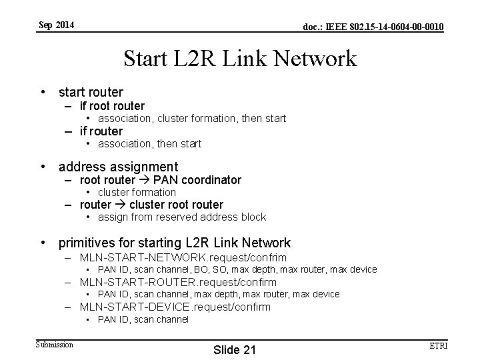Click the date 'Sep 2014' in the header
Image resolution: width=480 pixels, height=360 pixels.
[x=56, y=25]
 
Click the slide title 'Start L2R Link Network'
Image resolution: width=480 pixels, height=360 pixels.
[x=240, y=59]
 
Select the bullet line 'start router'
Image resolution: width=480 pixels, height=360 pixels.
[x=91, y=92]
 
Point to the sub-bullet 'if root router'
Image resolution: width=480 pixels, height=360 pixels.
[x=111, y=105]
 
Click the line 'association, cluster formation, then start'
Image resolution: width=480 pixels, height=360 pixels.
[x=192, y=118]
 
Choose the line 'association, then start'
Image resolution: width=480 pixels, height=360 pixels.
[x=149, y=143]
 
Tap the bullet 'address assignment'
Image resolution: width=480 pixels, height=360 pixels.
[x=118, y=167]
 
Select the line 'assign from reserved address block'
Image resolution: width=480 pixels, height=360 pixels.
[x=181, y=217]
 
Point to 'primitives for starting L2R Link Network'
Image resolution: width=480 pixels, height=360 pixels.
[x=175, y=243]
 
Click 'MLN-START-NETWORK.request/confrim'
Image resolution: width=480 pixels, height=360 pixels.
[x=183, y=257]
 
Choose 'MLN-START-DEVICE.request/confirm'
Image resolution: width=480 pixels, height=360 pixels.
[x=175, y=307]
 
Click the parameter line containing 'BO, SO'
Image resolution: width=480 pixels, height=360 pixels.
[x=237, y=269]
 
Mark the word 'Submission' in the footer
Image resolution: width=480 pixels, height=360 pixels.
[x=55, y=344]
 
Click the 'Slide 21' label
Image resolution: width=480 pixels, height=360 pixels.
[x=234, y=351]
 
